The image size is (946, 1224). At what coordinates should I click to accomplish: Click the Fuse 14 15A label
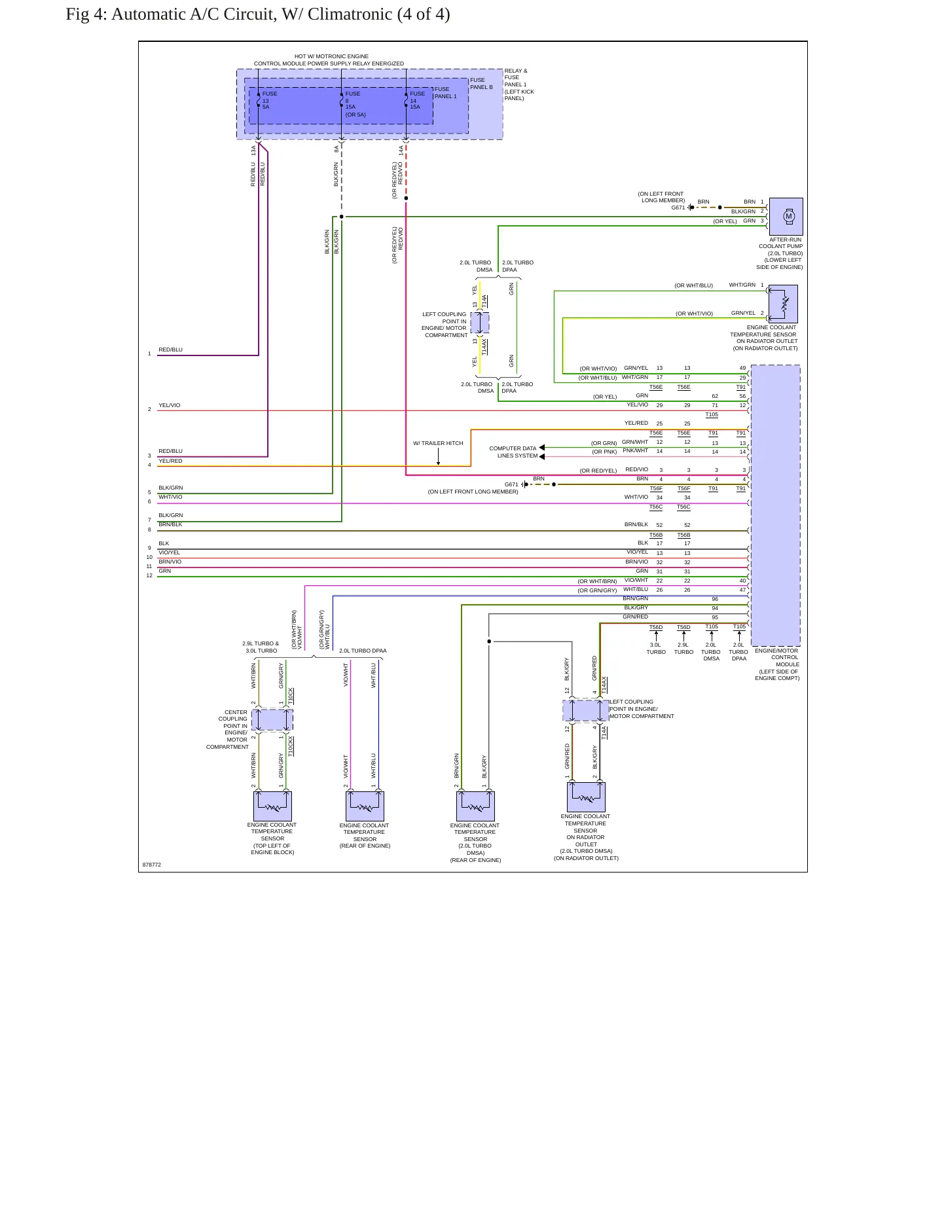click(x=417, y=100)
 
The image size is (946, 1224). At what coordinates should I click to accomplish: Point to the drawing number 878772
click(x=152, y=865)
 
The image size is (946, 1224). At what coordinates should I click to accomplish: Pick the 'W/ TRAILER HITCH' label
click(x=438, y=443)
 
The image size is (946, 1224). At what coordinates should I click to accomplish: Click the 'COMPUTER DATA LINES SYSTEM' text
click(x=513, y=452)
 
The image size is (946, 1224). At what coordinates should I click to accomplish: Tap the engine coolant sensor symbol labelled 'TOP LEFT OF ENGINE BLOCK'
click(x=272, y=806)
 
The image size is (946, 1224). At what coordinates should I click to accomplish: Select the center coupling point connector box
click(x=272, y=720)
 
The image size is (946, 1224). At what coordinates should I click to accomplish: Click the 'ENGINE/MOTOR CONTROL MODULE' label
click(x=777, y=664)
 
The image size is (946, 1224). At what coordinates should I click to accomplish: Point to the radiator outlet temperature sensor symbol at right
click(x=783, y=304)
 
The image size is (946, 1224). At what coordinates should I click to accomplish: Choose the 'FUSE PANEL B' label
click(x=481, y=84)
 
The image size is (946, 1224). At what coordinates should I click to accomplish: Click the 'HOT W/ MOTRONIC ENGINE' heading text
click(x=331, y=56)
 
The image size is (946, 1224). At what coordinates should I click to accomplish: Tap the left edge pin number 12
click(x=149, y=576)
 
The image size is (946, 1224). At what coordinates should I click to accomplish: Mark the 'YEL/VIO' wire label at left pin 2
click(x=169, y=405)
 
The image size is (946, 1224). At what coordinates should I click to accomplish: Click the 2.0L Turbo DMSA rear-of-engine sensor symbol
click(x=475, y=806)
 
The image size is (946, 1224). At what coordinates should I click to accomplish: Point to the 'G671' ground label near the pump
click(x=678, y=207)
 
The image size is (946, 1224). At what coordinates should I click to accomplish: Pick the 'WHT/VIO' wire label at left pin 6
click(x=170, y=497)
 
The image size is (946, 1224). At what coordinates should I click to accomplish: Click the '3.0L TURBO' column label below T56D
click(x=656, y=648)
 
